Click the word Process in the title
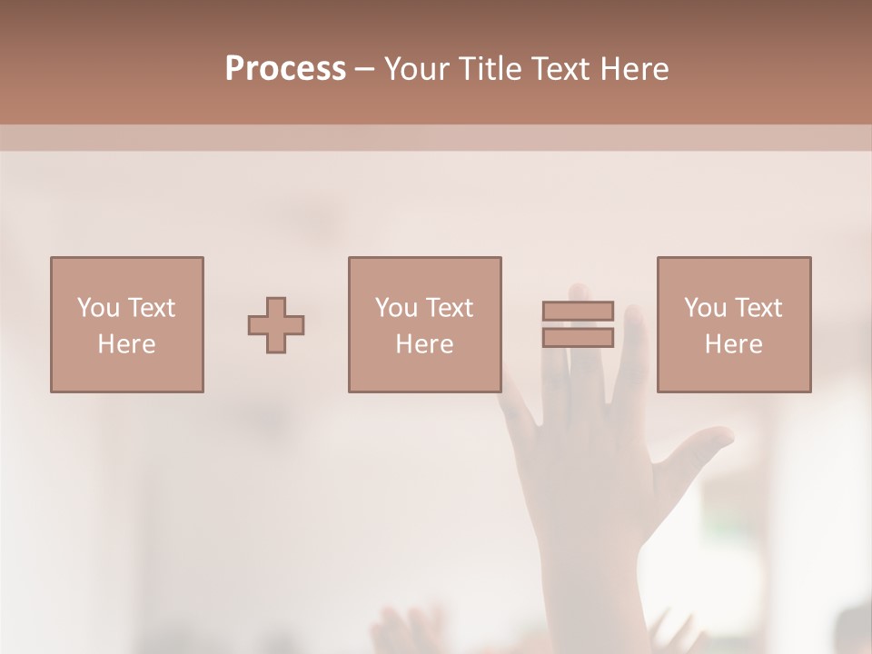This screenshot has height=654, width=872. click(285, 69)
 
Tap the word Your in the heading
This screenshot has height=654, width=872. click(416, 69)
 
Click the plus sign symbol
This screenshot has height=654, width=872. click(276, 325)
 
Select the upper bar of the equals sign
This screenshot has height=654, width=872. click(578, 311)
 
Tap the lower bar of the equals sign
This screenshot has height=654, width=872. click(578, 338)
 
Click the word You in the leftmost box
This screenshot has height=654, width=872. click(98, 308)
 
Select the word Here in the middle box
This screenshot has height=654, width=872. click(424, 344)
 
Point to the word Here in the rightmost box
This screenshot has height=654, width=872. click(734, 344)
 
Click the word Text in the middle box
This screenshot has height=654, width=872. click(449, 308)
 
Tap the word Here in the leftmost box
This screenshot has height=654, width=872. click(127, 344)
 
